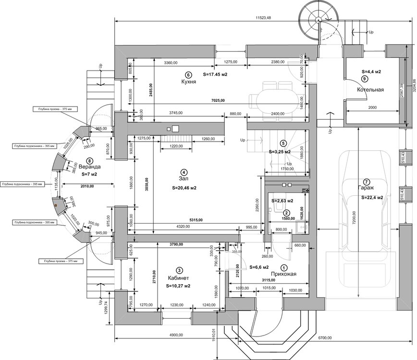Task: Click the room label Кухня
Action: (188, 82)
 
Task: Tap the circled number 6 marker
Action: (188, 74)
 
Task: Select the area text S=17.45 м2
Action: (215, 74)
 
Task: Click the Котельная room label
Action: (370, 90)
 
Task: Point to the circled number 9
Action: (365, 78)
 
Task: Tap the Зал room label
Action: (183, 179)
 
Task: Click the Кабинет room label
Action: (178, 278)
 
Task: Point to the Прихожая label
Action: (283, 274)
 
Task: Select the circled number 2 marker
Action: (286, 213)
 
